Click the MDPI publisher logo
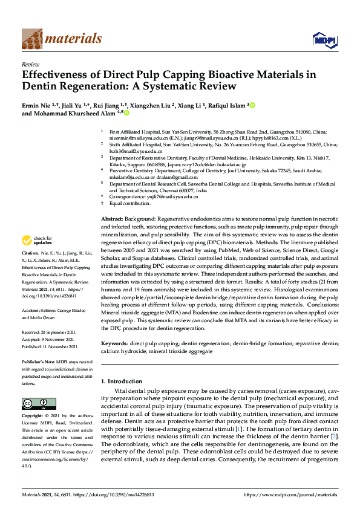pos(323,40)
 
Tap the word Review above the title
pos(30,63)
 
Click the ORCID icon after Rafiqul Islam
pos(253,105)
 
